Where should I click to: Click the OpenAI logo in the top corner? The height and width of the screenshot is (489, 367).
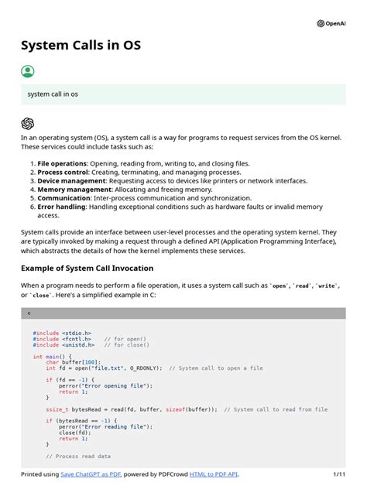tap(331, 23)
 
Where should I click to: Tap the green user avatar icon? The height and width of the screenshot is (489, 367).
tap(28, 72)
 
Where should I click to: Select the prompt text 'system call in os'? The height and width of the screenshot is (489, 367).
tap(53, 94)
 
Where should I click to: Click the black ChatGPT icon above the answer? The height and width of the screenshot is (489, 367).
tap(28, 123)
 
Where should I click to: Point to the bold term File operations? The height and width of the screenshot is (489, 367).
tap(63, 164)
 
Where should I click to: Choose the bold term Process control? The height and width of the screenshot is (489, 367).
tap(62, 173)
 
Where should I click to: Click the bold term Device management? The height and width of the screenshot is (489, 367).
tap(72, 180)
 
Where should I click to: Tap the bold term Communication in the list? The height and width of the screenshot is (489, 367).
tap(65, 197)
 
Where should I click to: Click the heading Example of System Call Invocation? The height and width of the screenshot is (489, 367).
tap(87, 268)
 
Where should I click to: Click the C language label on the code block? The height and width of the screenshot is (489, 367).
tap(29, 313)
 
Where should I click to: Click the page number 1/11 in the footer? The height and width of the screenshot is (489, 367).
tap(338, 474)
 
